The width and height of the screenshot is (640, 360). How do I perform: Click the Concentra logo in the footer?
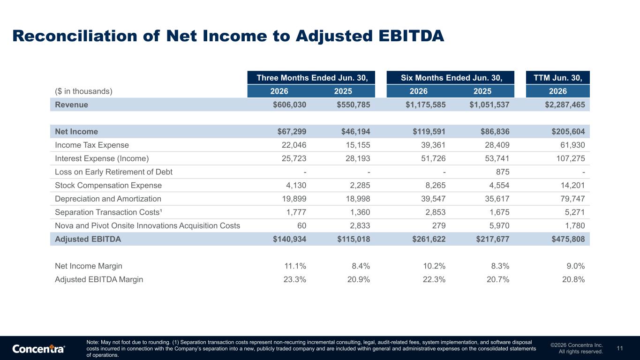pos(38,349)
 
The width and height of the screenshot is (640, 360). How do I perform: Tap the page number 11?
pos(620,348)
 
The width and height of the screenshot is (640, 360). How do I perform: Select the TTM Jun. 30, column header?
pos(558,78)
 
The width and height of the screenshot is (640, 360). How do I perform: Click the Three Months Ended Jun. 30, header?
pos(312,78)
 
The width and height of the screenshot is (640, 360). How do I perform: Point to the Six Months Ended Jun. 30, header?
pos(452,78)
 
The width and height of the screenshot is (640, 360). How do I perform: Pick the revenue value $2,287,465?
pos(565,105)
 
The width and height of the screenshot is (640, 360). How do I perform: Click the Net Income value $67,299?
pos(292,131)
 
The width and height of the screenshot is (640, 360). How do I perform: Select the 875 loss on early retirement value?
pos(503,172)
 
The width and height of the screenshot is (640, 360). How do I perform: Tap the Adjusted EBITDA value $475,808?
pos(568,239)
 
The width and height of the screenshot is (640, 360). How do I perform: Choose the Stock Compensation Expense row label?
pos(108,185)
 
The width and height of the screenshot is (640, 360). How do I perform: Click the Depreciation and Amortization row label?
pos(108,199)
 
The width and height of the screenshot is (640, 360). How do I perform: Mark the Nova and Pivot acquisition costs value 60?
pos(302,226)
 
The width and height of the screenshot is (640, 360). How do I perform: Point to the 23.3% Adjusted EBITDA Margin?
pos(294,279)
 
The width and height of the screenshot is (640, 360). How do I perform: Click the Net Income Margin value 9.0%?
pos(576,266)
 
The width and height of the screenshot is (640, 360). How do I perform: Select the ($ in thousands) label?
pos(84,91)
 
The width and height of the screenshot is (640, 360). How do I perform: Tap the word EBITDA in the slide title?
pos(412,36)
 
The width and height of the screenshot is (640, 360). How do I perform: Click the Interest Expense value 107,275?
pos(571,158)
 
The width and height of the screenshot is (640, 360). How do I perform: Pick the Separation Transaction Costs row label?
pos(109,212)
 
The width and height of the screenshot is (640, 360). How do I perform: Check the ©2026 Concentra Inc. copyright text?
pos(577,345)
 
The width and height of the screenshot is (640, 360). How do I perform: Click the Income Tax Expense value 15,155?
pos(358,145)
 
